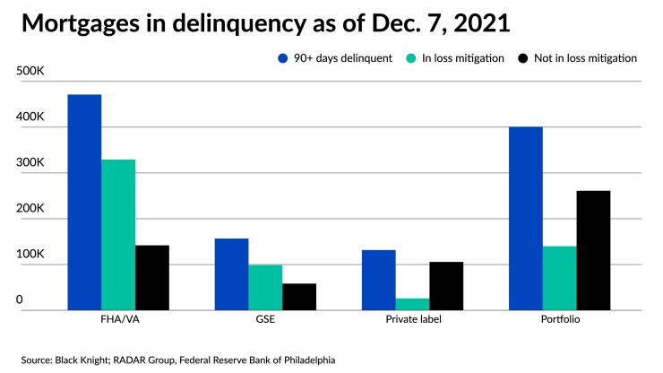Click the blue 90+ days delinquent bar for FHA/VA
pos(84,203)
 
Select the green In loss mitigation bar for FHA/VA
pos(118,235)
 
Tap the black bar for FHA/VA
pos(152,278)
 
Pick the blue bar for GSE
pos(231,274)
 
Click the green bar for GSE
pos(265,288)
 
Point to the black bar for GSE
pos(299,297)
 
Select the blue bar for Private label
pos(378,280)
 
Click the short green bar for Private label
pos(412,304)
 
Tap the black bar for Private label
pos(446,286)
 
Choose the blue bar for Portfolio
pos(525,219)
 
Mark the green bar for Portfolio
pos(559,278)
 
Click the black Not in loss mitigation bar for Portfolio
pos(593,250)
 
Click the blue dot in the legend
pos(281,58)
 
